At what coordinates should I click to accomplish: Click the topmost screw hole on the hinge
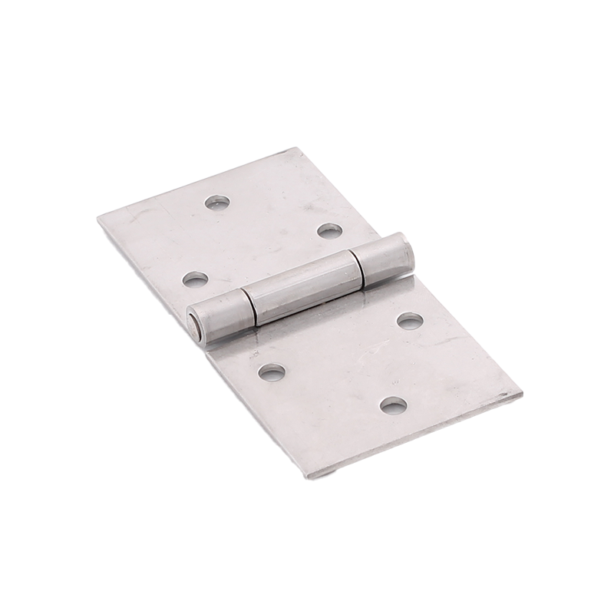pos(217,203)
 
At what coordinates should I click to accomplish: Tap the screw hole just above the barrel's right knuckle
pos(329,230)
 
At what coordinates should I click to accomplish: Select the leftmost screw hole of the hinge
pos(195,279)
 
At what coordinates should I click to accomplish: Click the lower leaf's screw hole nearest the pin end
pos(272,372)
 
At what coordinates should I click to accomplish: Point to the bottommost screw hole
pos(393,404)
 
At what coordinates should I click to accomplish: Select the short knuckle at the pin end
pos(220,317)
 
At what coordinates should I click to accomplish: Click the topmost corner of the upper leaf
pos(292,150)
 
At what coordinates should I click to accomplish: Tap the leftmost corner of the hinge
pos(99,220)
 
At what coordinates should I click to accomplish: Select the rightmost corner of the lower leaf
pos(522,394)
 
